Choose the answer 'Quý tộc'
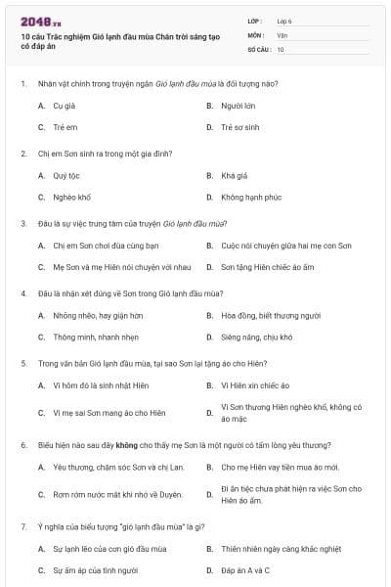click(x=66, y=176)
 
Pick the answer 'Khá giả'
click(x=235, y=176)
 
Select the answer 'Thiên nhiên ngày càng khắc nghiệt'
click(x=277, y=549)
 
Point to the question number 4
click(x=22, y=293)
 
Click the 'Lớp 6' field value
click(x=283, y=21)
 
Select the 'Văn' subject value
click(x=282, y=34)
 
